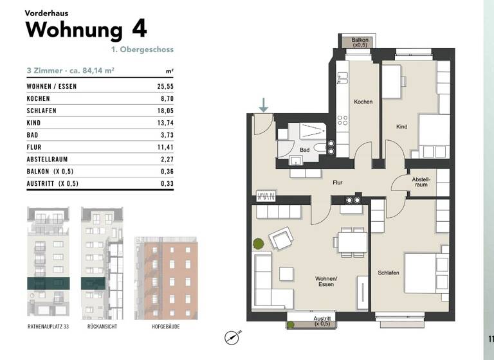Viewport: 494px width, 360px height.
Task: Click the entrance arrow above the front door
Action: tap(264, 104)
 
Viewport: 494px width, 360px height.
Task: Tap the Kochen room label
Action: tap(363, 102)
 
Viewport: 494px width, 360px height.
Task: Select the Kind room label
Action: tap(402, 127)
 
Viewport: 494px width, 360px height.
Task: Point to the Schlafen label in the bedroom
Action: tap(389, 273)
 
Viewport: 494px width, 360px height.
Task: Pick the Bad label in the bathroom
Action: tap(304, 150)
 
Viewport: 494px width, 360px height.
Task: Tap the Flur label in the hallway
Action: tap(337, 183)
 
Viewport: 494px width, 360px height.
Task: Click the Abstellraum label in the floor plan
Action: tap(421, 181)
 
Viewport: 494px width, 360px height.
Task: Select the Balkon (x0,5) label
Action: tap(360, 43)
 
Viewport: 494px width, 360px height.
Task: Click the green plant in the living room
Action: tap(258, 244)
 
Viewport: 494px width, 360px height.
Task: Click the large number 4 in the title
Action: tap(138, 30)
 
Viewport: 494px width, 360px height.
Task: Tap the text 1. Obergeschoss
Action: tap(142, 50)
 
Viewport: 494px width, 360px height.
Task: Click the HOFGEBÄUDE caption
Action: tap(166, 327)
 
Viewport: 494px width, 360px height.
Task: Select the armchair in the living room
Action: tap(281, 240)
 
